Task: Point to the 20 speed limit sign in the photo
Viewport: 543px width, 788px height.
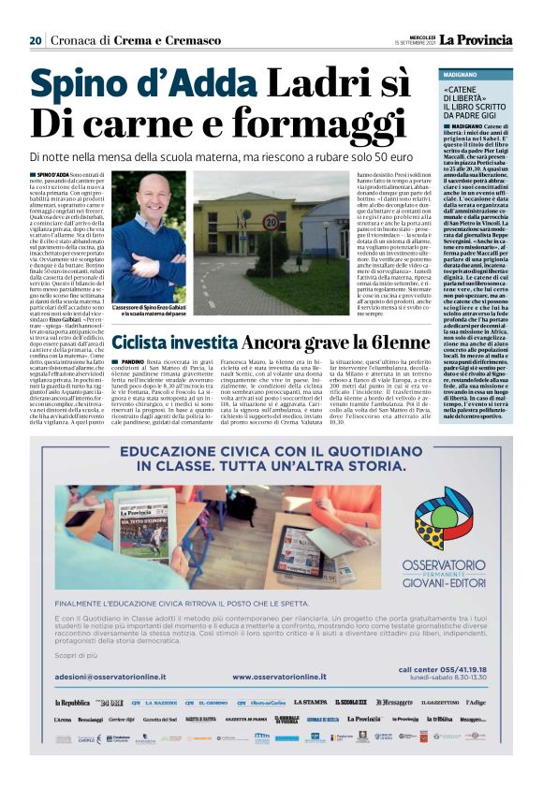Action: tap(270, 223)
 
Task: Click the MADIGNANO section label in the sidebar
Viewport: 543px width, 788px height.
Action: tap(460, 73)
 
